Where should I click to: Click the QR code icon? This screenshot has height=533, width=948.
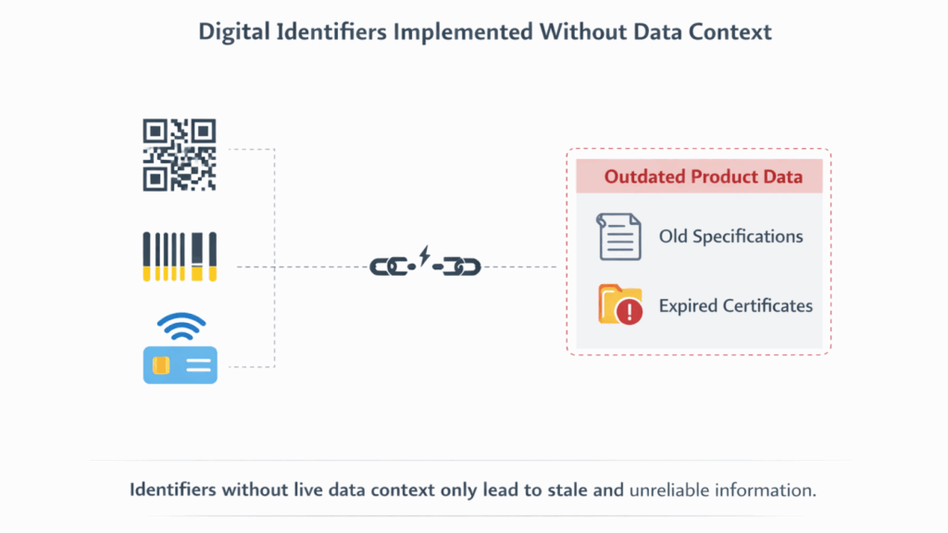[180, 155]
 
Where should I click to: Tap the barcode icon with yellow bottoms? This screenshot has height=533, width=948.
[180, 257]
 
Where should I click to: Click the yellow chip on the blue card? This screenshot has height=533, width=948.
[161, 365]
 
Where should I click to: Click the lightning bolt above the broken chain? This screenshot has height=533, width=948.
[424, 255]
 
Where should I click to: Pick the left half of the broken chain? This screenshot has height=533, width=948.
[392, 266]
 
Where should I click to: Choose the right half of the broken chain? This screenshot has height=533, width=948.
[457, 266]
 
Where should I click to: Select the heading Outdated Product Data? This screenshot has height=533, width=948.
[704, 177]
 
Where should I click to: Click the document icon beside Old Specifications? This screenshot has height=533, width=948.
[618, 236]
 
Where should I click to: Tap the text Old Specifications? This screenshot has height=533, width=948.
[731, 236]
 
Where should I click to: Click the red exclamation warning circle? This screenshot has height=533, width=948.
[630, 312]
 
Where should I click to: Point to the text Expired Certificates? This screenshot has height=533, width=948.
[736, 305]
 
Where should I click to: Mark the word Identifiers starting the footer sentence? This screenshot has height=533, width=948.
[172, 490]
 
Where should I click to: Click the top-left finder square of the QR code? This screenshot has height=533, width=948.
[155, 130]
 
